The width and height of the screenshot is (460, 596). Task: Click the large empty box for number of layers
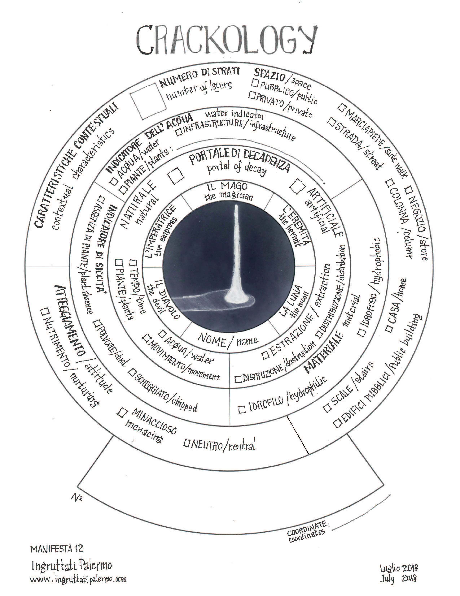[x=148, y=101]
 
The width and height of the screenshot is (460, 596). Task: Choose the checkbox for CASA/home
[x=389, y=329]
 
